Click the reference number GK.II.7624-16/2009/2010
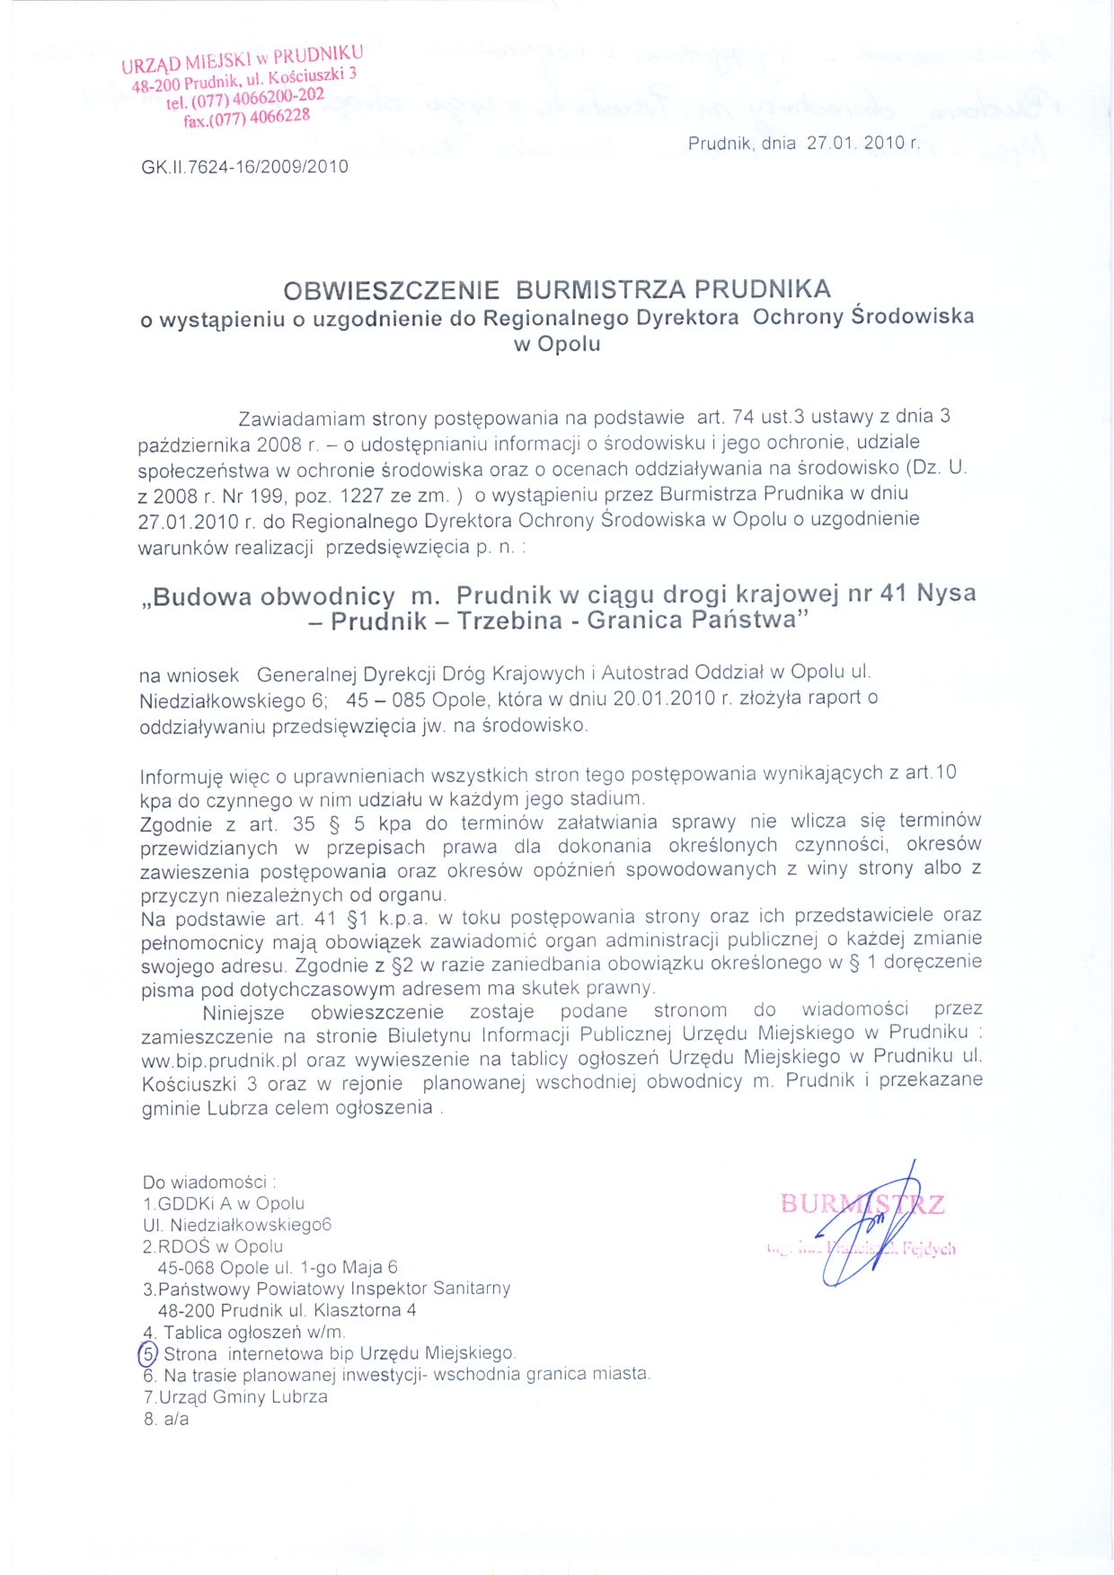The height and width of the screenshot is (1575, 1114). pos(244,166)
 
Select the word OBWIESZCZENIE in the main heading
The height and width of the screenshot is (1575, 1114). pos(391,290)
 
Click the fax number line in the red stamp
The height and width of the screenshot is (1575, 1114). pos(247,118)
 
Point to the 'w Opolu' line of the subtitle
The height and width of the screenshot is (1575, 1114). pos(557,344)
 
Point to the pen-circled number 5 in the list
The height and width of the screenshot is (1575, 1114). pos(148,1353)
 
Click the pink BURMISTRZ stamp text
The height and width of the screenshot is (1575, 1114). pos(862,1203)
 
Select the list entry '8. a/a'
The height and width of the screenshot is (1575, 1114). pos(166,1420)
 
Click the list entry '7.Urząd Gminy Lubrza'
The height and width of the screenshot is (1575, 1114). pos(235,1397)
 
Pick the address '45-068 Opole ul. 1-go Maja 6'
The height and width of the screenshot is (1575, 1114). pos(278,1268)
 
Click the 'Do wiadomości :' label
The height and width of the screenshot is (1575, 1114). pos(209,1183)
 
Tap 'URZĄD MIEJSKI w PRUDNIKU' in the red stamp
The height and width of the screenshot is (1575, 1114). pos(243,58)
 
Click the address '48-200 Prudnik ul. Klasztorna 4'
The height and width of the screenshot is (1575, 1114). pos(287,1310)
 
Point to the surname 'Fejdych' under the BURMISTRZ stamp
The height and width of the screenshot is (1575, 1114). pos(929,1248)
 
